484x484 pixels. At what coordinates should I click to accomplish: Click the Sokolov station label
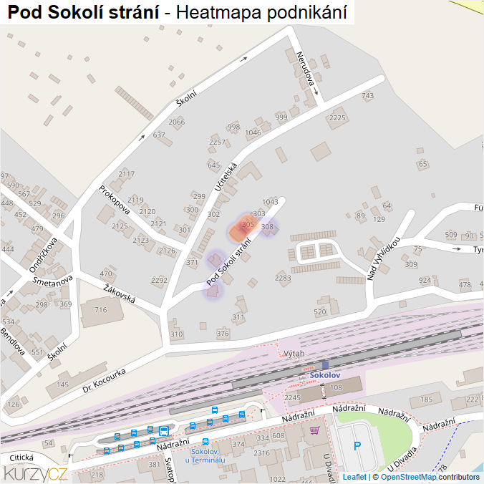click(x=324, y=375)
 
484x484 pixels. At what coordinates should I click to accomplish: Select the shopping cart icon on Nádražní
click(x=314, y=430)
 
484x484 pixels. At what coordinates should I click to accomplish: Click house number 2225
click(x=338, y=117)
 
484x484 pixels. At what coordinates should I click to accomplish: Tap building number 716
click(x=100, y=309)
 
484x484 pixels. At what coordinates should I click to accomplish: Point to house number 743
click(x=368, y=96)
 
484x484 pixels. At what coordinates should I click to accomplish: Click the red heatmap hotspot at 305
click(x=241, y=229)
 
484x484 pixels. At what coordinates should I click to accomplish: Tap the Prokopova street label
click(x=115, y=200)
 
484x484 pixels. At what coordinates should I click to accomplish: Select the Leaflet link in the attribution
click(x=354, y=477)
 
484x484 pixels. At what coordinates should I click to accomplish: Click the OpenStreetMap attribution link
click(x=408, y=477)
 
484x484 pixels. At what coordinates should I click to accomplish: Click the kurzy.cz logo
click(x=36, y=473)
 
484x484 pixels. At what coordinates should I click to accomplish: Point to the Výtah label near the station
click(x=294, y=354)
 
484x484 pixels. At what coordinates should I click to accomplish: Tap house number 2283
click(x=283, y=277)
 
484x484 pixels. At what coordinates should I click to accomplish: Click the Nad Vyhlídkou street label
click(x=383, y=258)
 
